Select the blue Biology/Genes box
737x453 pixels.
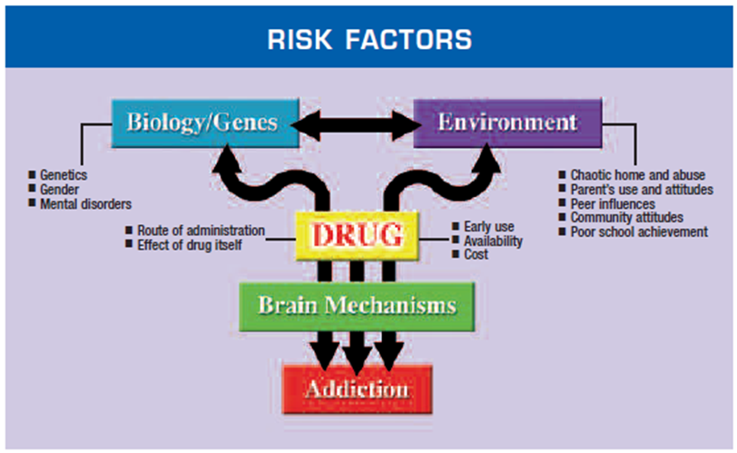click(x=205, y=123)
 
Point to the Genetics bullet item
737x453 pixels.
click(x=62, y=174)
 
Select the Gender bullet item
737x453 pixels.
click(x=59, y=189)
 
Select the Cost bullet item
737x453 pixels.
click(x=476, y=255)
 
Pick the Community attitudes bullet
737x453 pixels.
click(x=626, y=218)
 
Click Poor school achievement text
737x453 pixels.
click(x=639, y=232)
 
